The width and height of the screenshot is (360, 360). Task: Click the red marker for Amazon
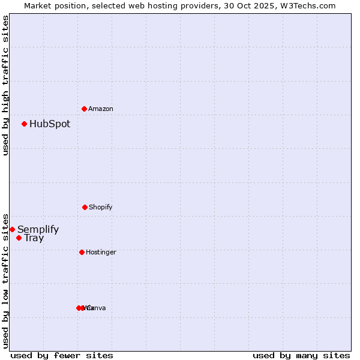[x=84, y=109]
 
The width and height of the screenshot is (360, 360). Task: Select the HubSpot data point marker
[x=24, y=124]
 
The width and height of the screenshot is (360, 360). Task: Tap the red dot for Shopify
[x=85, y=207]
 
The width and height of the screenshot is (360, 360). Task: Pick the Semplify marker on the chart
[x=12, y=229]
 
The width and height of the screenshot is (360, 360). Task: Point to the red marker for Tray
[x=19, y=238]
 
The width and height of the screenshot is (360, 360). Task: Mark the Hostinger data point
[x=82, y=252]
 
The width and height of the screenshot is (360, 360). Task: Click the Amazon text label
[x=101, y=109]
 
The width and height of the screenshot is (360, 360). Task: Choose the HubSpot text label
[x=50, y=124]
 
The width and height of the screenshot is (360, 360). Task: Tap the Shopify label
[x=101, y=207]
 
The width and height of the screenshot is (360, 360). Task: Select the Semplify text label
[x=38, y=229]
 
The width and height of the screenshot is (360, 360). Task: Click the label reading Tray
[x=34, y=238]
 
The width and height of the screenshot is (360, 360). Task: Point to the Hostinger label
[x=101, y=252]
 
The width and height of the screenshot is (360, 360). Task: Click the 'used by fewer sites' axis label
[x=62, y=355]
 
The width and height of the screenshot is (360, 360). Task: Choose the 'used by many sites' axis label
[x=301, y=355]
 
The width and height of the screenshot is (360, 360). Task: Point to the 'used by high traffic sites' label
[x=5, y=85]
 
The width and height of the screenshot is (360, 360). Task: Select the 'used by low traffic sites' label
[x=5, y=280]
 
